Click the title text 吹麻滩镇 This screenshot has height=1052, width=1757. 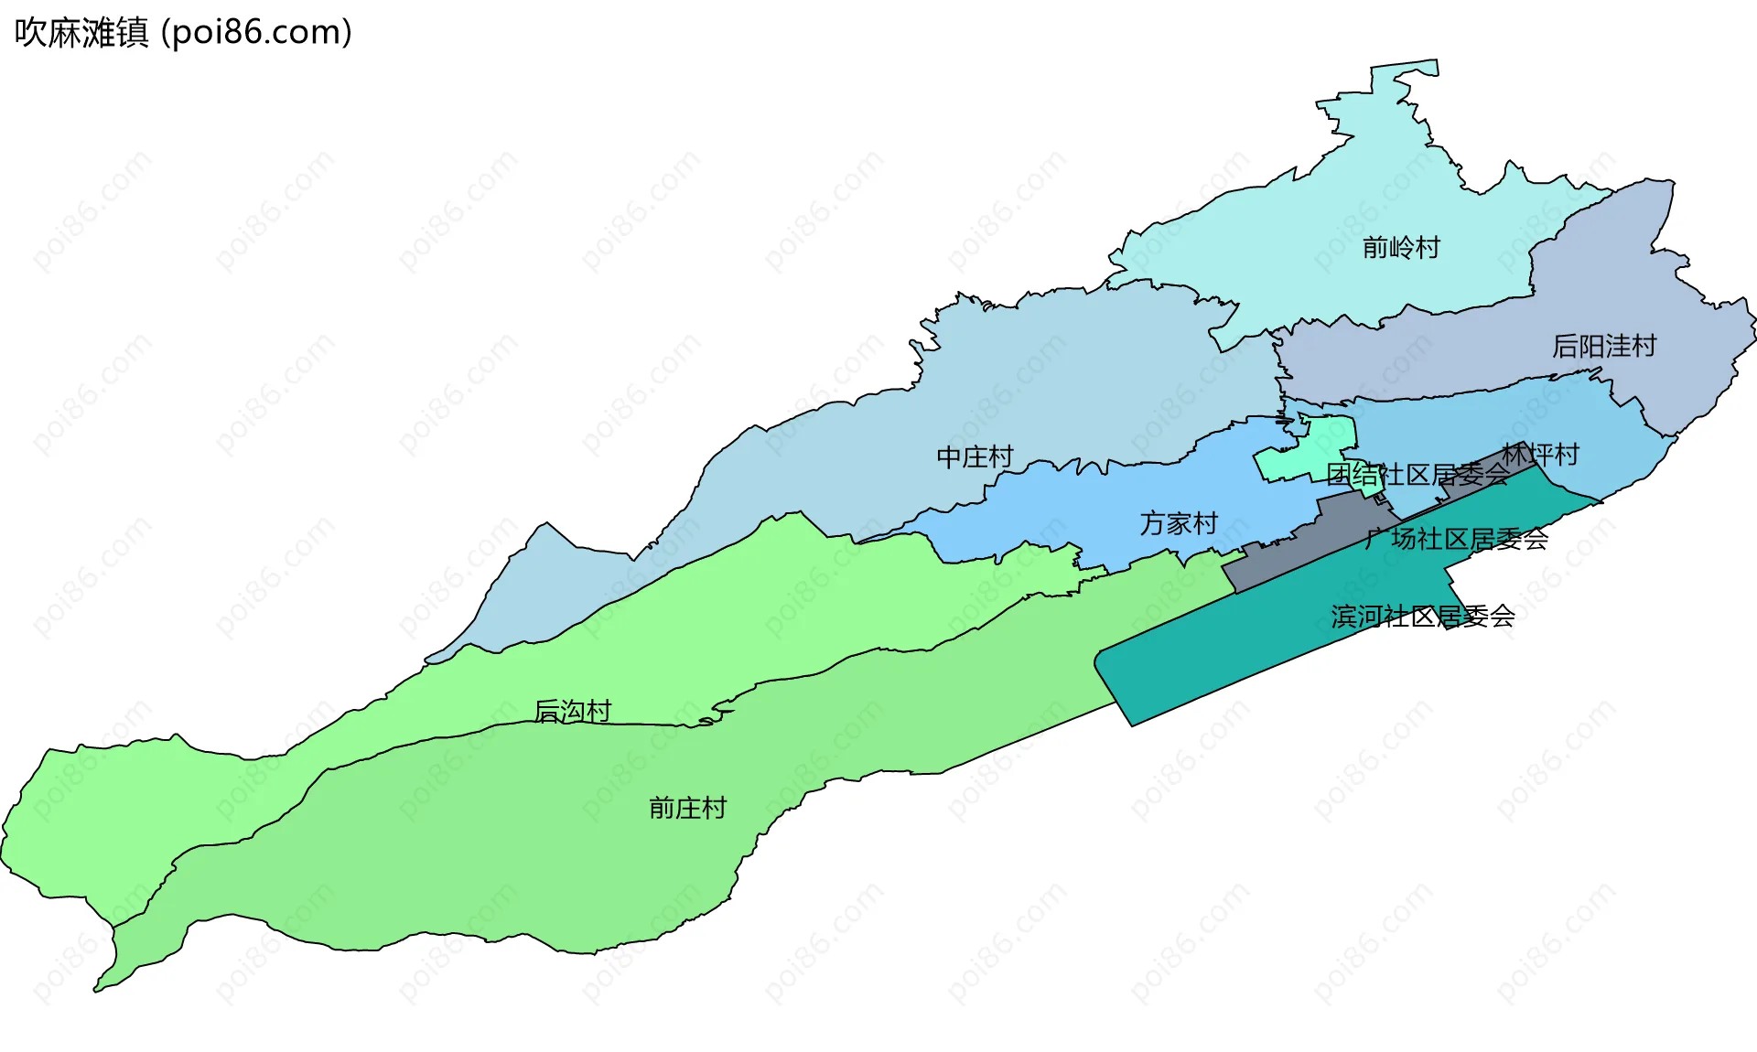point(81,33)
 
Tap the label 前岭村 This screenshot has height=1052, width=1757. point(1400,248)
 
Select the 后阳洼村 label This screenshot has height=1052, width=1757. point(1603,347)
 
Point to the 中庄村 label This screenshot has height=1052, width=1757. point(975,456)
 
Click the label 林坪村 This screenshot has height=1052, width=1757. point(1540,454)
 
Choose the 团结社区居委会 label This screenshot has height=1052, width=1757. point(1417,475)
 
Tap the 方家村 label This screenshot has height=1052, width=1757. point(1179,523)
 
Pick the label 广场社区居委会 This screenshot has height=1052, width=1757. point(1456,539)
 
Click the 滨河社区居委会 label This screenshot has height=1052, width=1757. point(1422,617)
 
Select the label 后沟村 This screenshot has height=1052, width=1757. point(572,711)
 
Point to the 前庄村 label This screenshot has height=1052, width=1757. point(687,808)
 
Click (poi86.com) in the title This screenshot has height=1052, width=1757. point(256,33)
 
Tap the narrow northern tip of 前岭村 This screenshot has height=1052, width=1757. point(1405,71)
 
